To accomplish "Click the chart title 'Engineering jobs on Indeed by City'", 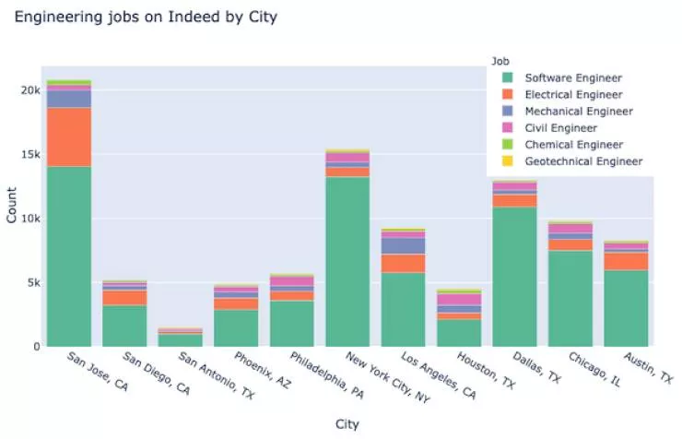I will tap(145, 18).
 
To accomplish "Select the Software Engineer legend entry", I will tap(572, 78).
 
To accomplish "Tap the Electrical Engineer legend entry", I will tap(572, 95).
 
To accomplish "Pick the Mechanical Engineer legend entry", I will tap(578, 112).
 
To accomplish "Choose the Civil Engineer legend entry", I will tap(560, 128).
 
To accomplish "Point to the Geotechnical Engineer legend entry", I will tap(582, 161).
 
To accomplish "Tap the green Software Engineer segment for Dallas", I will tap(514, 276).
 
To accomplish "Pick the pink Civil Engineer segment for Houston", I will tap(458, 300).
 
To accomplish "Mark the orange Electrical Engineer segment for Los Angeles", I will tap(403, 263).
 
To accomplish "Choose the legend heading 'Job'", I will tap(501, 61).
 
